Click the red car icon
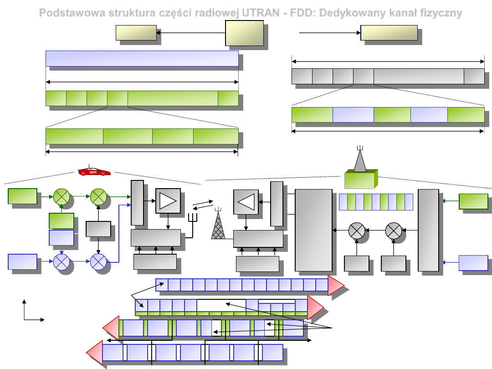tap(94, 171)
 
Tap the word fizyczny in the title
tap(441, 13)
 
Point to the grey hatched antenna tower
tap(218, 225)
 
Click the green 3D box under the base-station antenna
tap(360, 179)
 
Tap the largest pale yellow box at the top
tap(244, 33)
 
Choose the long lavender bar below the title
tap(142, 58)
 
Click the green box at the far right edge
tap(473, 201)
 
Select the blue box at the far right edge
tap(473, 263)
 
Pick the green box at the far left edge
tap(22, 196)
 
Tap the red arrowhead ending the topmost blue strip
tap(335, 285)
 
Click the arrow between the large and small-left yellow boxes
tap(191, 33)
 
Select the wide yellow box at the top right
tap(389, 33)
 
